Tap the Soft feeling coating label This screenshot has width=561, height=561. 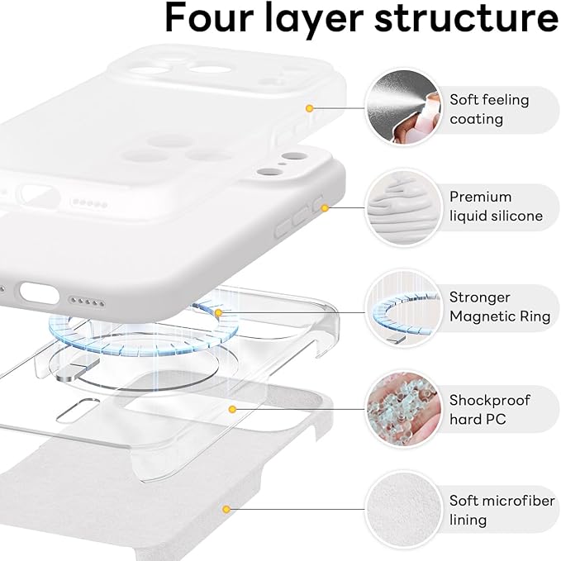pyautogui.click(x=488, y=109)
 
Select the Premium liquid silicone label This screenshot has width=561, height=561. pyautogui.click(x=496, y=207)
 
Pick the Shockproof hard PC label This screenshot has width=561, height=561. pyautogui.click(x=490, y=410)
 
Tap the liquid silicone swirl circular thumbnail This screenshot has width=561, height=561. pyautogui.click(x=400, y=207)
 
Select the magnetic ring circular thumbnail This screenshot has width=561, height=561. pyautogui.click(x=400, y=307)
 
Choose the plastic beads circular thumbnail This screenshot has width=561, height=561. pyautogui.click(x=400, y=408)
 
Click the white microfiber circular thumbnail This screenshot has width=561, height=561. pyautogui.click(x=400, y=509)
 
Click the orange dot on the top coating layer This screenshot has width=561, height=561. pyautogui.click(x=309, y=108)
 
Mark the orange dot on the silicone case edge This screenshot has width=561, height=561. pyautogui.click(x=326, y=207)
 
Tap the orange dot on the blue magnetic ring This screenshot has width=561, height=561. pyautogui.click(x=218, y=313)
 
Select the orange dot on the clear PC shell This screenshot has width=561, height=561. pyautogui.click(x=233, y=409)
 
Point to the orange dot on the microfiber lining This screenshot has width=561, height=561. pyautogui.click(x=222, y=506)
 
